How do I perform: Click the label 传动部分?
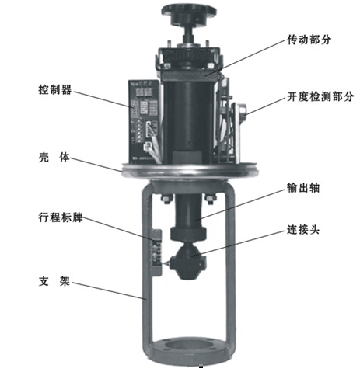(x=309, y=40)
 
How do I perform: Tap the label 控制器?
(x=55, y=90)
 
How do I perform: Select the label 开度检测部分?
(x=320, y=96)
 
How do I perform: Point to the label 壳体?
(x=54, y=157)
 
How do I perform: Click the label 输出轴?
(x=303, y=188)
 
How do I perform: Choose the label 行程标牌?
(x=61, y=217)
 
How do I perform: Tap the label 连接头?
(x=303, y=230)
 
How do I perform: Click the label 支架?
(x=54, y=281)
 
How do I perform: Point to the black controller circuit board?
(x=144, y=122)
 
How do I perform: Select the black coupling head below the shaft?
(x=188, y=263)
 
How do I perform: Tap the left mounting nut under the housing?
(x=167, y=199)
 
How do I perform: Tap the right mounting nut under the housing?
(x=210, y=199)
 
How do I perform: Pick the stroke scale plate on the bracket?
(x=156, y=253)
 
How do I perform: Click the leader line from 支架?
(x=109, y=290)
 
